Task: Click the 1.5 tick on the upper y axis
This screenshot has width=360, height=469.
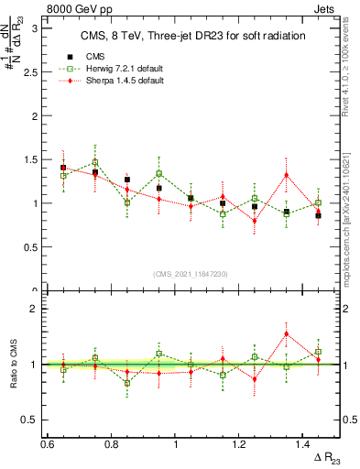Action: [36, 159]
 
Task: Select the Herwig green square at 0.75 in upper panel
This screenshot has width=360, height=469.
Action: [94, 162]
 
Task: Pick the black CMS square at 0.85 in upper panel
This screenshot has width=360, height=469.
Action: [126, 180]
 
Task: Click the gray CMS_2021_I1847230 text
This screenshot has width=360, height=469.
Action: [190, 274]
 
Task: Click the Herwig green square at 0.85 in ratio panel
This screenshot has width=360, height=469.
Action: [126, 383]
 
